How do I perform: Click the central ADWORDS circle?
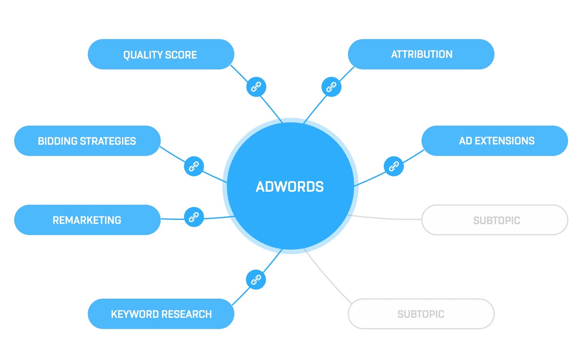290,186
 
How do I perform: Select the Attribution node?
421,54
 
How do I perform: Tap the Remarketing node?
88,220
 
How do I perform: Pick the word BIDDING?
57,141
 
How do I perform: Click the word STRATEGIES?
108,141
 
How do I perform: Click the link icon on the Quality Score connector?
256,87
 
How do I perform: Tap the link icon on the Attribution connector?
331,87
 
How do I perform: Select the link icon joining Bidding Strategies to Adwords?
194,166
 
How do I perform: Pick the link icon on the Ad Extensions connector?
394,166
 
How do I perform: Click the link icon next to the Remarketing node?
194,217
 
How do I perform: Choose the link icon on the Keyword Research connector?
256,280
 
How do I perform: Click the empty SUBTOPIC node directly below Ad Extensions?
495,220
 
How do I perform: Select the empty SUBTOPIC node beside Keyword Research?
421,314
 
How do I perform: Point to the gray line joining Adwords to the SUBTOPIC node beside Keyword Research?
327,276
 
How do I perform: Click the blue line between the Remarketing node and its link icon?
172,219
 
